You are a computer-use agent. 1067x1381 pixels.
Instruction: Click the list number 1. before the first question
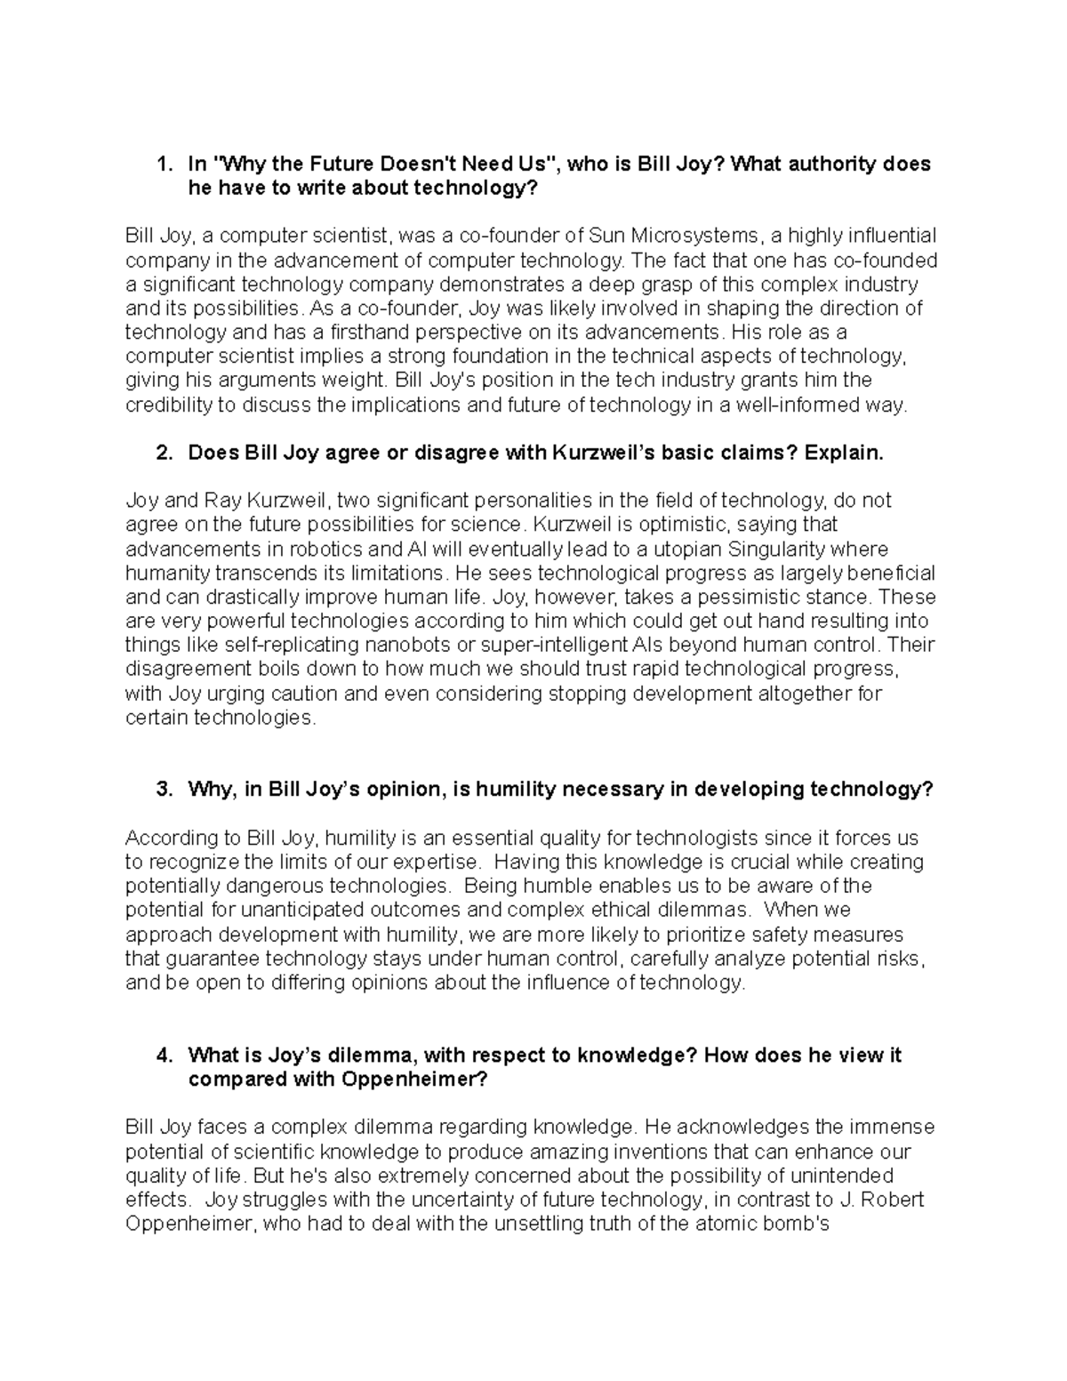(164, 165)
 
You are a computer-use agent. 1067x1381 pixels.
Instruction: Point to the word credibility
(171, 405)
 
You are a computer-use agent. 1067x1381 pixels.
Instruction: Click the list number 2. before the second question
(164, 454)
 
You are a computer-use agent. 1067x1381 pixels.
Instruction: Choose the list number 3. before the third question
(164, 790)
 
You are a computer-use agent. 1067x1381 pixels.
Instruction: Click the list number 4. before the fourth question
(164, 1056)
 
